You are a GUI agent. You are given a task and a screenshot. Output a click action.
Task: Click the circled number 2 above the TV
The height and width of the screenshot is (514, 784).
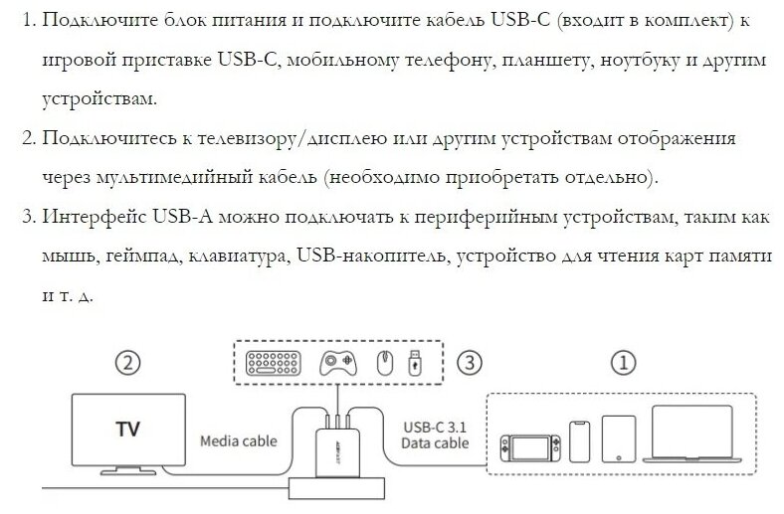tap(127, 363)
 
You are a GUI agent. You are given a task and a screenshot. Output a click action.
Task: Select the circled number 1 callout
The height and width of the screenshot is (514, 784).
tap(624, 363)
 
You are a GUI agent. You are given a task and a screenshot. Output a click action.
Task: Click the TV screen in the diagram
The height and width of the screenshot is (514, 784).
tap(127, 429)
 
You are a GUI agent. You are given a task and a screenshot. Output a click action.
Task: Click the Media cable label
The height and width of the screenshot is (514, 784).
tap(238, 438)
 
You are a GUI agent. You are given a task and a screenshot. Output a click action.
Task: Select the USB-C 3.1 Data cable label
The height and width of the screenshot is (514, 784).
tap(436, 435)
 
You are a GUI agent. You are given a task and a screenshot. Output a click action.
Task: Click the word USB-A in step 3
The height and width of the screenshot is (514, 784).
tap(179, 216)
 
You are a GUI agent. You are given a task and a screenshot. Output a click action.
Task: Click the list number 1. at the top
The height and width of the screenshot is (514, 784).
tap(28, 20)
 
